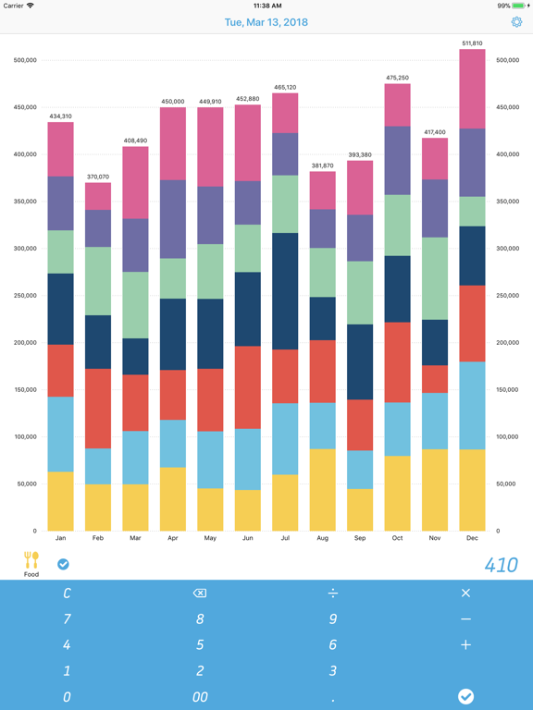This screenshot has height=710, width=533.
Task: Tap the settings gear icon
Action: click(516, 22)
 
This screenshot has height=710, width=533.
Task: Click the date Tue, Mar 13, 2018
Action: click(266, 22)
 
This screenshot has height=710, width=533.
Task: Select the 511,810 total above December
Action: click(472, 43)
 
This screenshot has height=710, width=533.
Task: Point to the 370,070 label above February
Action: click(98, 177)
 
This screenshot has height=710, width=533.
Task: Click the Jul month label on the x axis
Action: click(285, 537)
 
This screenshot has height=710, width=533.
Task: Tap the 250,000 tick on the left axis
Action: click(25, 296)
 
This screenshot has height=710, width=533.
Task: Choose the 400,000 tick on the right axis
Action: click(509, 154)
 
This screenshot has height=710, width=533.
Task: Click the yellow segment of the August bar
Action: click(322, 490)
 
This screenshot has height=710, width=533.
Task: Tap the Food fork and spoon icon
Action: click(31, 559)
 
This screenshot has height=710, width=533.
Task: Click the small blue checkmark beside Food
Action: click(63, 564)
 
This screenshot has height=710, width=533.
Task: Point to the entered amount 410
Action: click(501, 565)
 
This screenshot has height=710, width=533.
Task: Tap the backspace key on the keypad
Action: click(200, 594)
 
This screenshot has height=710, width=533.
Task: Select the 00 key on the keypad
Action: click(200, 697)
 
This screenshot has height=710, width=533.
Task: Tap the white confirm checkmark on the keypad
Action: click(465, 696)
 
